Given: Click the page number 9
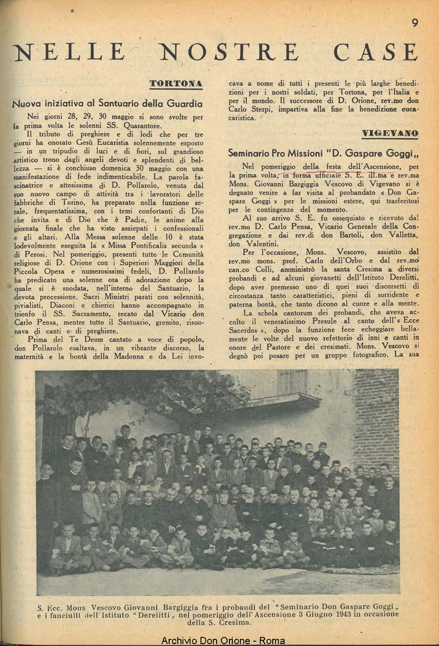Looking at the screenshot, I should pos(414,23).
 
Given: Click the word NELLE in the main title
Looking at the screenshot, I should pos(70,53).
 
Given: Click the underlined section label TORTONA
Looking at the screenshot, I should pos(176,84).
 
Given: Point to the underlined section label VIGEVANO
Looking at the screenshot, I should pos(390,134).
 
